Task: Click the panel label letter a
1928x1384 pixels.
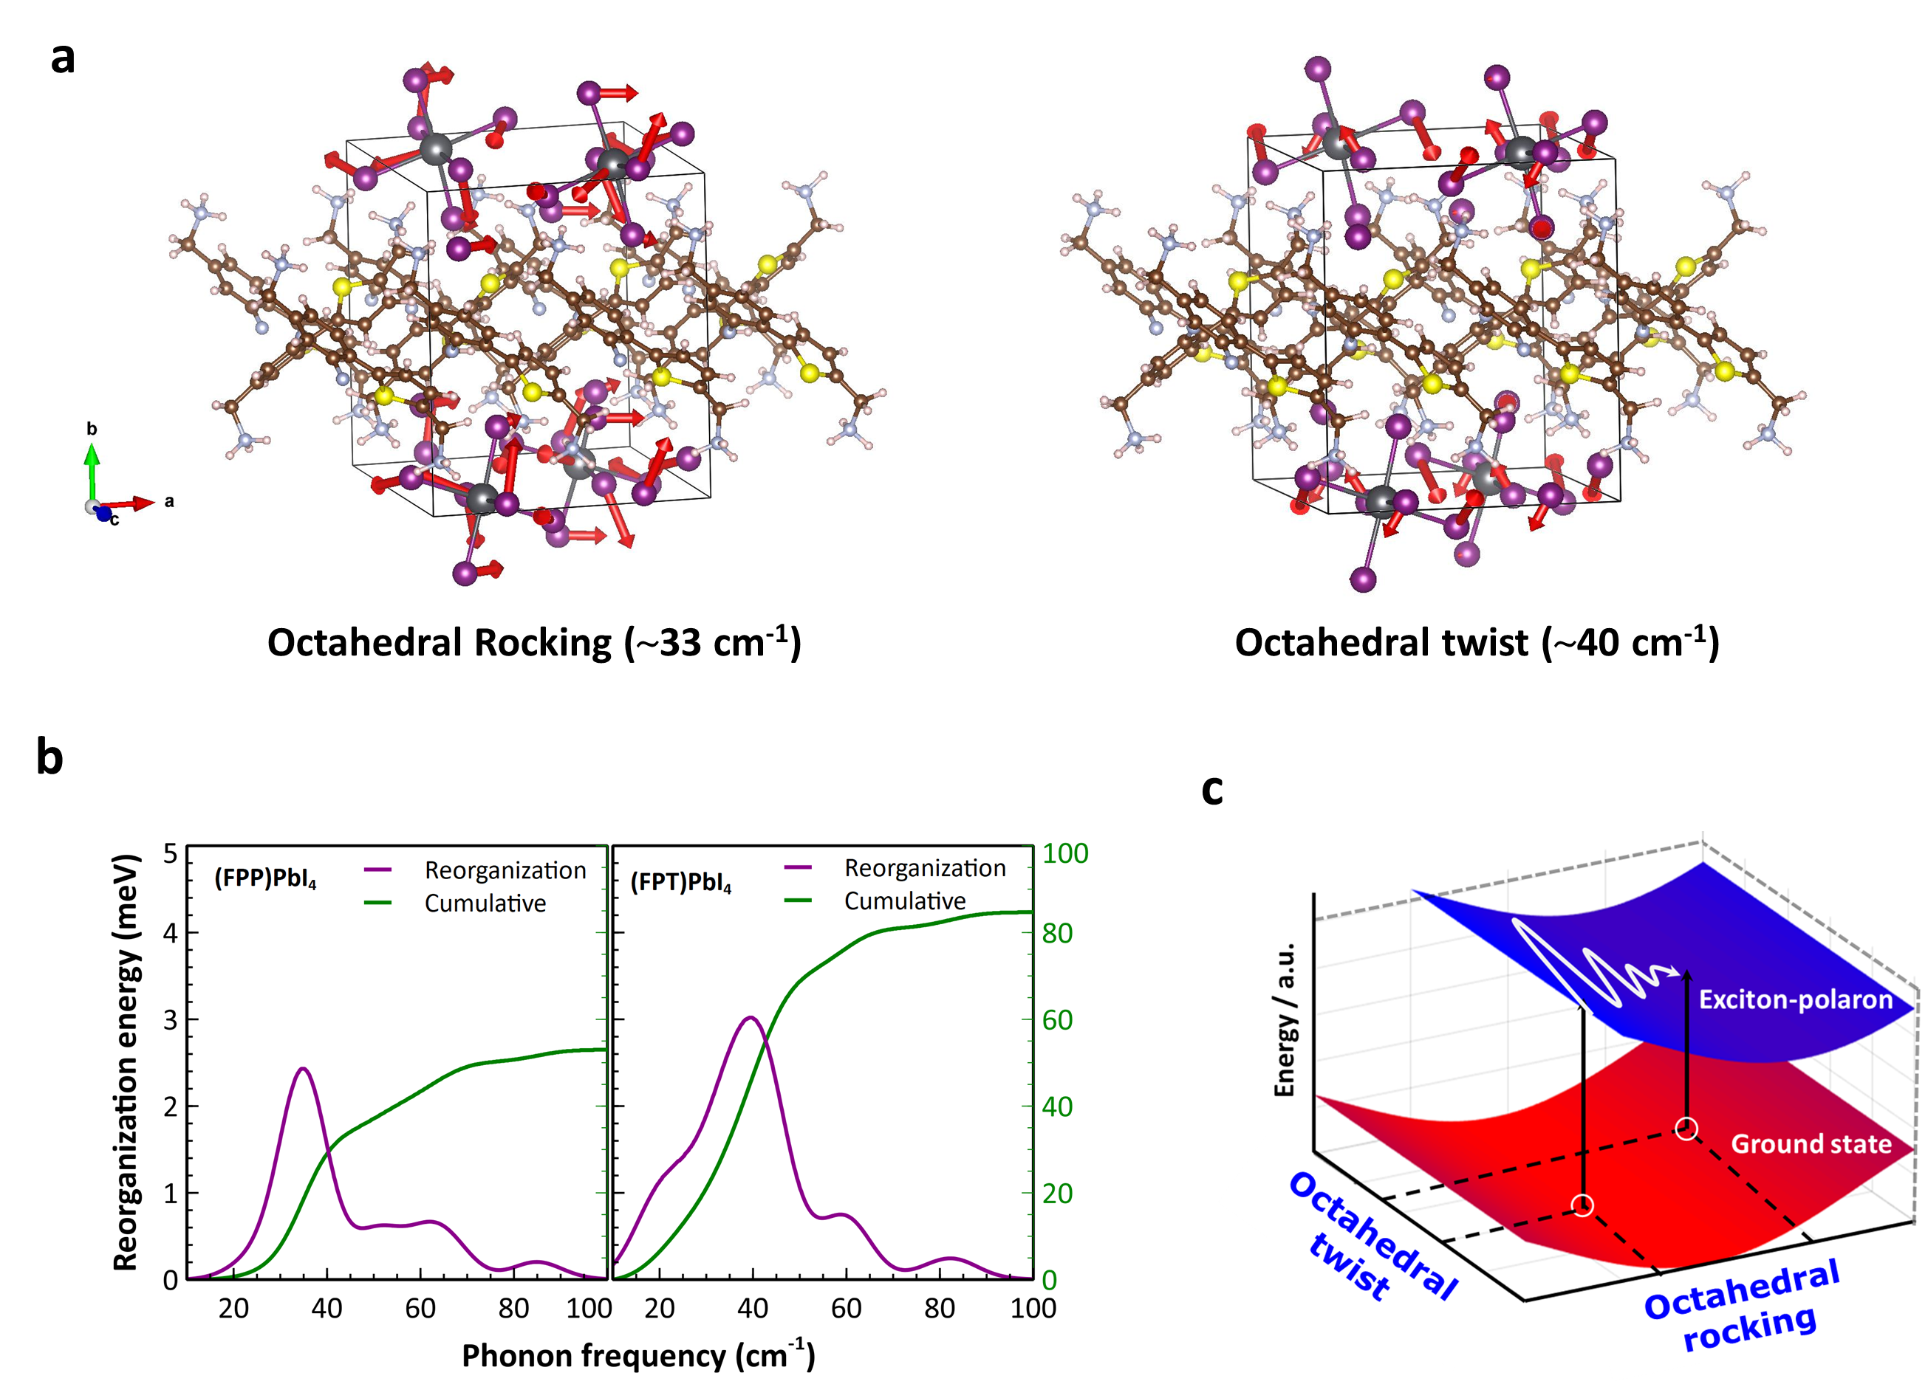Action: click(63, 58)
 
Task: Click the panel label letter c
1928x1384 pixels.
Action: click(1211, 789)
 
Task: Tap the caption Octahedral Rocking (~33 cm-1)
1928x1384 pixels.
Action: click(534, 643)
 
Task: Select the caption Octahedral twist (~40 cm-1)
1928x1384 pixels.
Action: click(1477, 643)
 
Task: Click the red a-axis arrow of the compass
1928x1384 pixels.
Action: click(131, 504)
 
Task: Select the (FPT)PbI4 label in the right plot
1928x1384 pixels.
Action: click(681, 882)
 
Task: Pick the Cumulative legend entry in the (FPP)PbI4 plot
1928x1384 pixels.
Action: click(485, 903)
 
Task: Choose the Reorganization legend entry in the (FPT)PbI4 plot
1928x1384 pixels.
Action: click(924, 867)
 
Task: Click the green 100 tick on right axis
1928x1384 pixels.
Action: click(1065, 853)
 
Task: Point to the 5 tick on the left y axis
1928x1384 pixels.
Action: click(171, 853)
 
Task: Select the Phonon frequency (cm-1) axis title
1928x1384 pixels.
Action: click(637, 1354)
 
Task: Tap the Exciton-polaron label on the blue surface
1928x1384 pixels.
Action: click(1795, 999)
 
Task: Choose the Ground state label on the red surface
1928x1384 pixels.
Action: click(1811, 1143)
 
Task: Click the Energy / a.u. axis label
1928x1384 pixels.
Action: click(1285, 1019)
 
